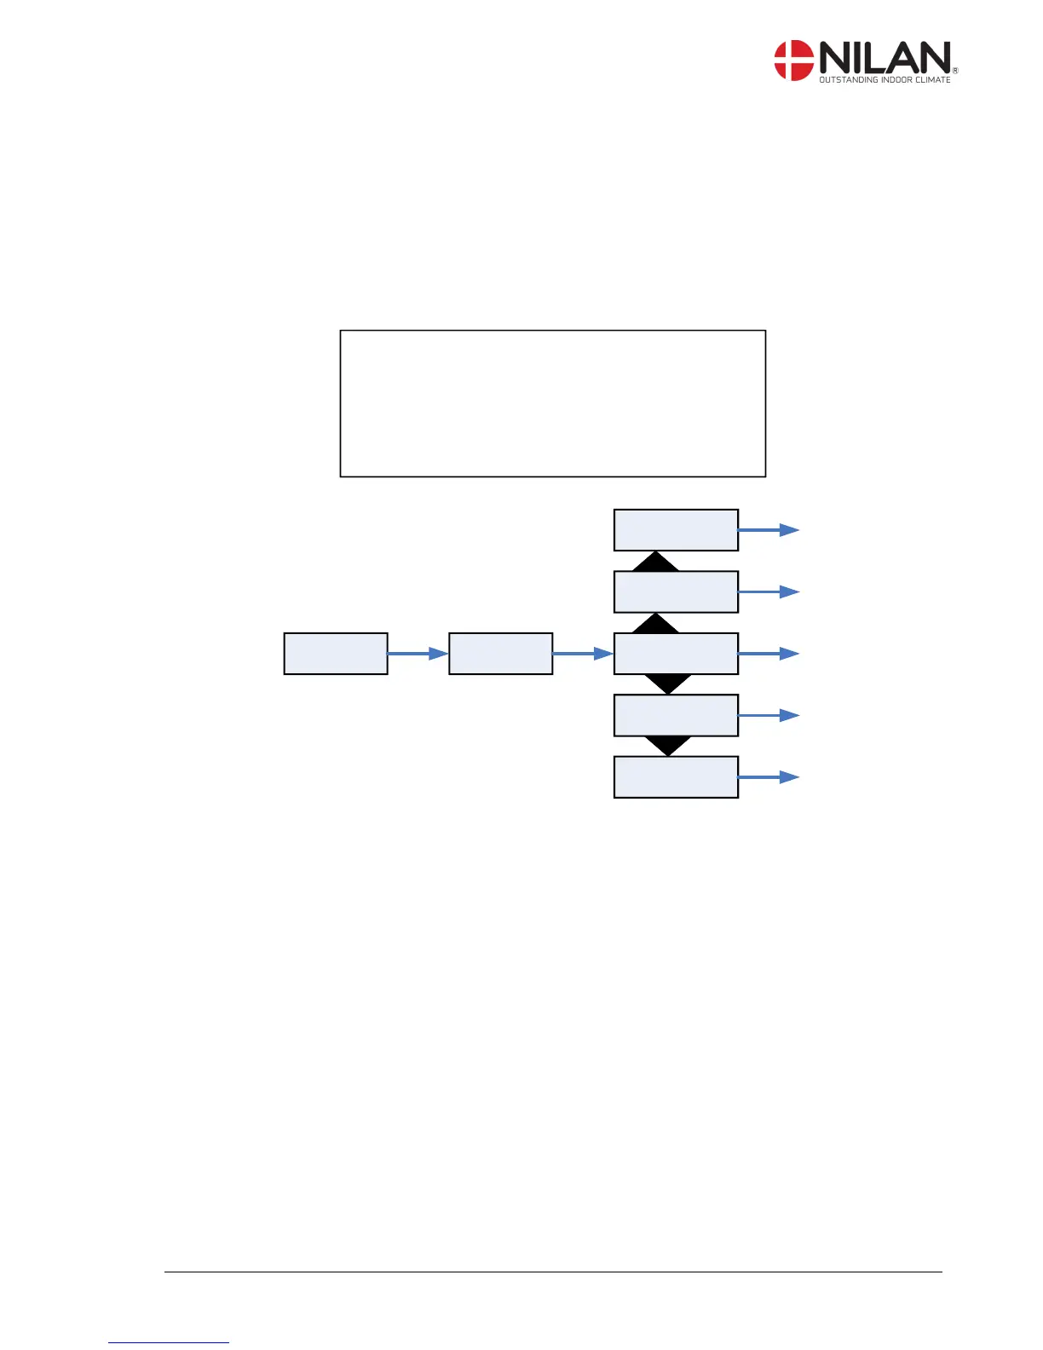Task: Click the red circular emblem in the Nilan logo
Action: pos(793,61)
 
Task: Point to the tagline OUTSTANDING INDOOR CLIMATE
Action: pos(885,80)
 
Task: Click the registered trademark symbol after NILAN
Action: pos(954,72)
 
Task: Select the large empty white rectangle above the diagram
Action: pos(552,403)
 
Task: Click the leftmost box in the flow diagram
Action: pos(336,654)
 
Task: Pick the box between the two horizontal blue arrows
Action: pos(500,654)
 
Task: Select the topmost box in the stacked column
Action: pos(676,530)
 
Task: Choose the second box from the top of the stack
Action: pos(676,591)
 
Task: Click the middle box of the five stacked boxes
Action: pos(676,654)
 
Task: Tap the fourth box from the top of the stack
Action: pos(676,715)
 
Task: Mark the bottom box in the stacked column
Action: pos(676,776)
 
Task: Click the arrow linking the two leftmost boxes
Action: pos(418,654)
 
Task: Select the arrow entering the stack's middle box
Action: pos(583,654)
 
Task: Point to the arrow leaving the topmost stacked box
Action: pos(769,530)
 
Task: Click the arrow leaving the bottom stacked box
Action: pos(769,776)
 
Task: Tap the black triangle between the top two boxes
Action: pos(655,562)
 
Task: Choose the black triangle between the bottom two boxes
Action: pos(668,745)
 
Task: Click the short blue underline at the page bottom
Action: pos(169,1342)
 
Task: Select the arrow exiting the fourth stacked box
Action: pos(769,715)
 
